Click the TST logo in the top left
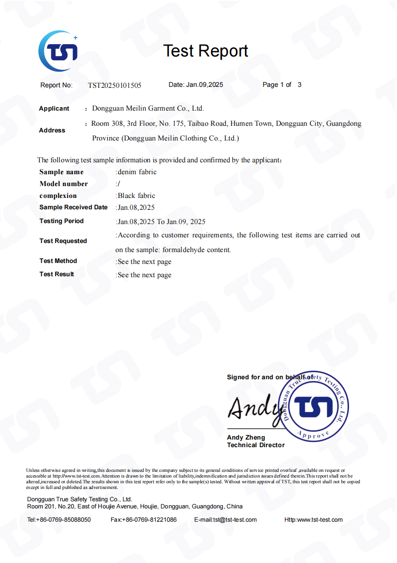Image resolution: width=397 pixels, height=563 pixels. click(58, 51)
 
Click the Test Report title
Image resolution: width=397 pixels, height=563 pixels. click(206, 51)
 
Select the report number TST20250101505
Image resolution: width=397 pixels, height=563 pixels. click(114, 85)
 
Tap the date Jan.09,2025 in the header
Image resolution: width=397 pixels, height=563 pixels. click(205, 84)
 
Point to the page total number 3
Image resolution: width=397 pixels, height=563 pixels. click(300, 84)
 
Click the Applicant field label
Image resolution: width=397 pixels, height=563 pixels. click(54, 109)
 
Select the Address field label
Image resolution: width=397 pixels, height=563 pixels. click(52, 130)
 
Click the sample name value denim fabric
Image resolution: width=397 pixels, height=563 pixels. click(137, 172)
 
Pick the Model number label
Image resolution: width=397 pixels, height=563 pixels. click(64, 184)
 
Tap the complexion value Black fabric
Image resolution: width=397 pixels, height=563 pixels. click(136, 196)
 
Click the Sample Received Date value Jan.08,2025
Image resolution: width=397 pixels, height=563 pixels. click(136, 207)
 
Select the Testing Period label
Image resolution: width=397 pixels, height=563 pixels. click(61, 221)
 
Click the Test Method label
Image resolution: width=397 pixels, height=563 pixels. click(58, 261)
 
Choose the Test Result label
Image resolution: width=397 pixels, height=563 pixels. click(57, 274)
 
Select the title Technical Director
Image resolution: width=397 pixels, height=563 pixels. click(255, 445)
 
